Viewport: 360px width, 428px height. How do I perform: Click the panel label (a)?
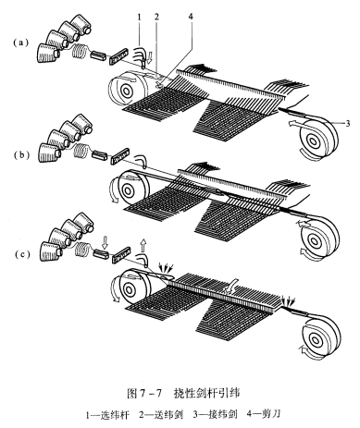pos(21,43)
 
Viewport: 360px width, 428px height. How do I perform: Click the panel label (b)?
pos(21,155)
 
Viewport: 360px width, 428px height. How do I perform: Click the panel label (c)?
pos(21,254)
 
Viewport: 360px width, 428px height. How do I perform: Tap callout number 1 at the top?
pos(139,17)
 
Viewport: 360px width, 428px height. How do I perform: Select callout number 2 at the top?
pos(156,17)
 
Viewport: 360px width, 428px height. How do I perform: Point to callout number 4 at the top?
pos(191,17)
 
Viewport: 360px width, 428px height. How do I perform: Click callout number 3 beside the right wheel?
pos(348,124)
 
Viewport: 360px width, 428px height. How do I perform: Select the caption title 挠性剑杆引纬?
pos(206,393)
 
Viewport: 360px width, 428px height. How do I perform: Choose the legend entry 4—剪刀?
pos(264,414)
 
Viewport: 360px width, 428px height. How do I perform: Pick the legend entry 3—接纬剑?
pos(215,414)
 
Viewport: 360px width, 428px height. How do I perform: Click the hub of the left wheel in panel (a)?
pos(126,91)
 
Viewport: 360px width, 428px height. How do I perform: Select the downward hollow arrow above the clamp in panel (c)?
pos(105,242)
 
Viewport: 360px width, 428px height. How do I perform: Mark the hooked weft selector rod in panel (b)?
pos(143,158)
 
